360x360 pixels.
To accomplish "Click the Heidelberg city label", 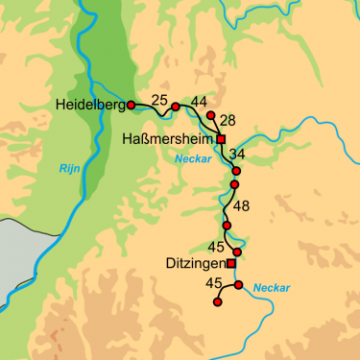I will pyautogui.click(x=90, y=105).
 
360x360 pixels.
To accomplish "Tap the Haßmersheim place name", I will pyautogui.click(x=169, y=139).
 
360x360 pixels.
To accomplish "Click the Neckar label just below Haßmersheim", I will pyautogui.click(x=189, y=161).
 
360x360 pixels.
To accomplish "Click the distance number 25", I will pyautogui.click(x=159, y=100).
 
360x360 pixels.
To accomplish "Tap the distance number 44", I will pyautogui.click(x=200, y=101).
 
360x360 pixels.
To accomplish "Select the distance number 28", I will pyautogui.click(x=228, y=120).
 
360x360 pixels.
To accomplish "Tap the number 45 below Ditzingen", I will pyautogui.click(x=214, y=283).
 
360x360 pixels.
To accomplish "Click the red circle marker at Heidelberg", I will pyautogui.click(x=131, y=105).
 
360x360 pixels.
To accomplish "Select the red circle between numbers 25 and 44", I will pyautogui.click(x=175, y=106).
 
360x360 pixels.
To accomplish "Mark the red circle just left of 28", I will pyautogui.click(x=210, y=115).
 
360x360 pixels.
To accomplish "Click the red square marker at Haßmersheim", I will pyautogui.click(x=221, y=139).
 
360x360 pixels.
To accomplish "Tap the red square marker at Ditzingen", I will pyautogui.click(x=230, y=262).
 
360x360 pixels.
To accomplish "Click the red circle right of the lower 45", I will pyautogui.click(x=238, y=285).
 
